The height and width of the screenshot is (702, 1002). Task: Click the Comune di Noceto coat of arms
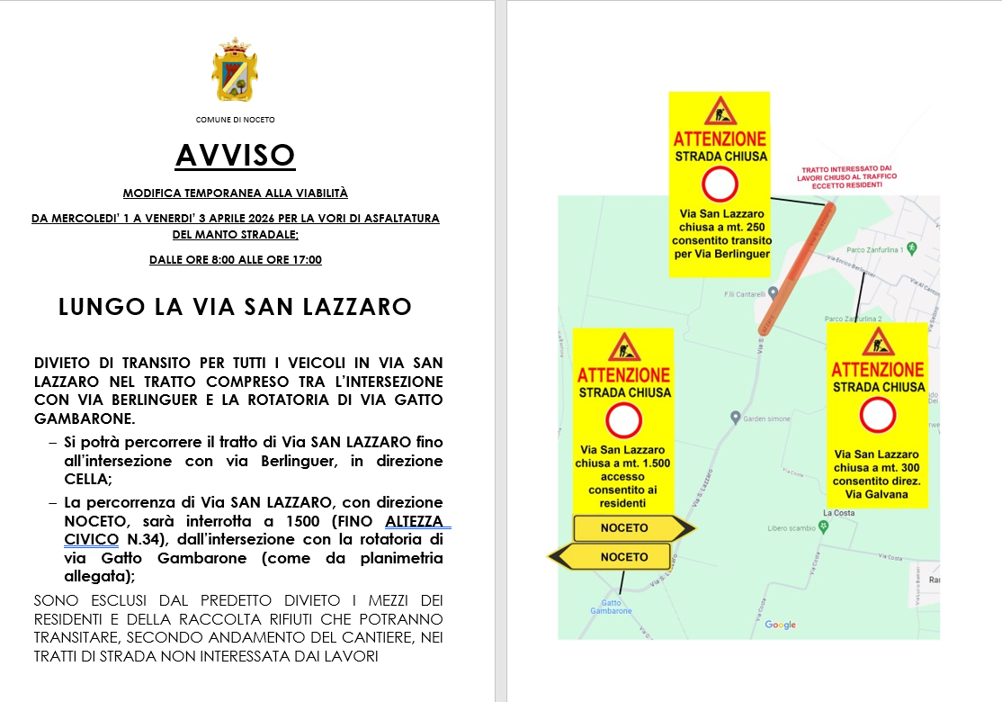[235, 71]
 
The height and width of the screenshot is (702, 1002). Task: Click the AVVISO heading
[235, 156]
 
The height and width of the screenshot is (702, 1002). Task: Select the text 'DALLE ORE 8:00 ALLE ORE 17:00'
[235, 260]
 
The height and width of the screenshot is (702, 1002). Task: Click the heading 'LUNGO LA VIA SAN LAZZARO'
[235, 307]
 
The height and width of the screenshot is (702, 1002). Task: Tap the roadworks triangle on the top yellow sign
[720, 112]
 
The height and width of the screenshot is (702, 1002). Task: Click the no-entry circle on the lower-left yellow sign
[623, 421]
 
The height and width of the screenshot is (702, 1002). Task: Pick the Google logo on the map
[781, 625]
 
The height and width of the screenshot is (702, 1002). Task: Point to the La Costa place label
[838, 513]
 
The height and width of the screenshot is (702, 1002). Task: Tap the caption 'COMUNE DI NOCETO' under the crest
[235, 120]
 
